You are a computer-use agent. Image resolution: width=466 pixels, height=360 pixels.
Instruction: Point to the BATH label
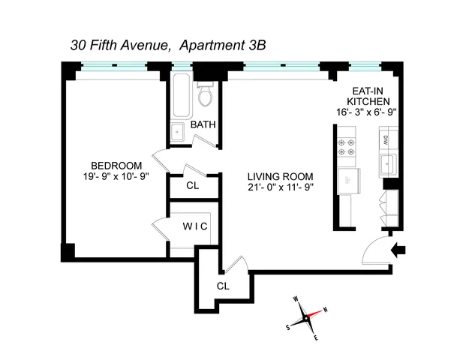point(203,124)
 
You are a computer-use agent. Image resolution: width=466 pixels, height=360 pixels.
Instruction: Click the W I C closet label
point(194,225)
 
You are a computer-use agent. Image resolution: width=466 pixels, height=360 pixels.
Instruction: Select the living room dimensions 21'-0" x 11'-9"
point(280,187)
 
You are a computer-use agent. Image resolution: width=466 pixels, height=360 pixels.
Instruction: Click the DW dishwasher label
point(387,139)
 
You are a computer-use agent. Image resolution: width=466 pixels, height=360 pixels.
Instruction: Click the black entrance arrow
point(400,247)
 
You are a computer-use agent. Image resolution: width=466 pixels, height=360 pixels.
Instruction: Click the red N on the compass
point(325,309)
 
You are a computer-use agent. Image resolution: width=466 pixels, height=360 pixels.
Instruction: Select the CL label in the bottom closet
point(223,286)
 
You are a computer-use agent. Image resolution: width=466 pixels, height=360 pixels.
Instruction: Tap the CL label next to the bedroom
point(193,184)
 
